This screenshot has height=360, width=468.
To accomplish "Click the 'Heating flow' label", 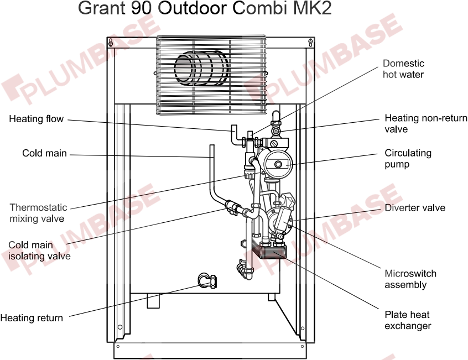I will tap(36, 119).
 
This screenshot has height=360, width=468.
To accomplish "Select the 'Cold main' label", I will tap(44, 153).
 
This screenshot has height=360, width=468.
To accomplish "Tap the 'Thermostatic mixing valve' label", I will tap(38, 213).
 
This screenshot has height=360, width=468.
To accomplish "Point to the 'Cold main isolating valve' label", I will tap(39, 251).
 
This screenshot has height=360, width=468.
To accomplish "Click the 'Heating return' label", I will tap(32, 318).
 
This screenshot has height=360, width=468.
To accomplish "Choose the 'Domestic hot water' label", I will tap(403, 69).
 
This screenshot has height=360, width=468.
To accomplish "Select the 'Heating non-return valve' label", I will tap(425, 123).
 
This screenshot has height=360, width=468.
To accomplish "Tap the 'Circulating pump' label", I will tap(408, 159).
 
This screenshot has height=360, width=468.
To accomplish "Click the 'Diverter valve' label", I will tap(415, 208).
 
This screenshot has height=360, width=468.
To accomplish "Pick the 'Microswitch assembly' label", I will tap(410, 279).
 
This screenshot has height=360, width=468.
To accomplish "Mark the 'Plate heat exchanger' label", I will tap(407, 320).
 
